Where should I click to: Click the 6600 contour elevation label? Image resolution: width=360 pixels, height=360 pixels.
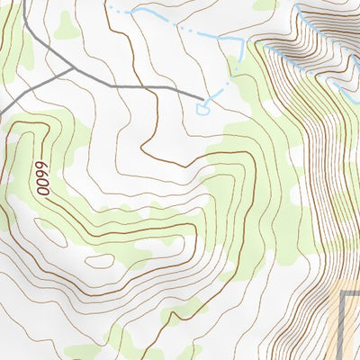pyautogui.click(x=40, y=177)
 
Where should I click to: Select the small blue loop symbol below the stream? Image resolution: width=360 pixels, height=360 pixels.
pyautogui.click(x=202, y=108)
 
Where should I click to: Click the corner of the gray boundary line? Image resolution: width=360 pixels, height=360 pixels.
pyautogui.click(x=344, y=293)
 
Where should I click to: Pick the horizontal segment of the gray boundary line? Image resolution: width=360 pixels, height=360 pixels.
pyautogui.click(x=352, y=293)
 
